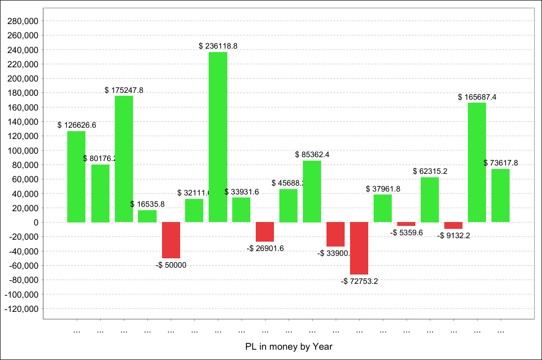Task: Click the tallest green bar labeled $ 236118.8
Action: point(218,137)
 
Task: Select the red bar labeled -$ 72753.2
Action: point(359,248)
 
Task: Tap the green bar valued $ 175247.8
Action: point(124,159)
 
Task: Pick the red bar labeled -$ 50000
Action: point(171,240)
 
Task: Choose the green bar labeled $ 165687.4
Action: point(477,163)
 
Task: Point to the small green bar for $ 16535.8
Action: point(147,217)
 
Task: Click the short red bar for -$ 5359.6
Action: point(406,224)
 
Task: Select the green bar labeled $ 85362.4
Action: point(312,192)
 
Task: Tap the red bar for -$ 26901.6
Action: point(265,232)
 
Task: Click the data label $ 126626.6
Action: point(77,125)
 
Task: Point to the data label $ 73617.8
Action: point(500,163)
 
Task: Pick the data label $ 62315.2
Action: point(430,171)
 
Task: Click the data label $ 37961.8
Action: point(383,189)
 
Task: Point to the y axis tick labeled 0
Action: point(36,222)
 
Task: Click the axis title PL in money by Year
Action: point(289,347)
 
